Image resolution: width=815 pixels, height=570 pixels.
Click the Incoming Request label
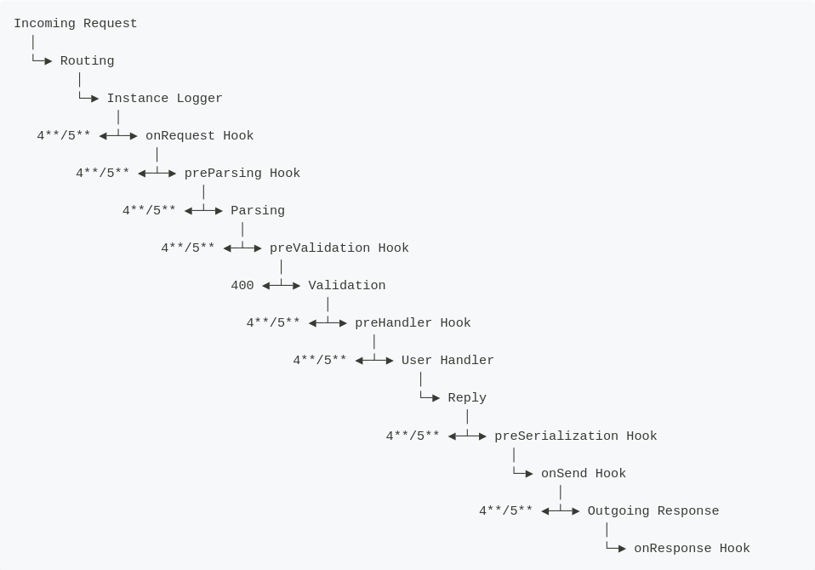pos(75,24)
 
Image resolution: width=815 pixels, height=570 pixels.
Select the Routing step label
pos(87,61)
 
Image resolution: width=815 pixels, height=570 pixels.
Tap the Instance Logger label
pos(164,99)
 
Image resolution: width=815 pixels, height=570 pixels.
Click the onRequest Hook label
pos(199,136)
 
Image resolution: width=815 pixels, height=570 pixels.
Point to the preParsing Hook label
pos(242,174)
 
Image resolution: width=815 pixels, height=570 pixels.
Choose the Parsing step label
pos(258,211)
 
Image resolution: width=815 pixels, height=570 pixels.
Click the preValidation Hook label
pos(339,248)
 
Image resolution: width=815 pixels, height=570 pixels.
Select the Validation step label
pos(347,286)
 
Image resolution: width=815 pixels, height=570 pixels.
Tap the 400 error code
pos(242,286)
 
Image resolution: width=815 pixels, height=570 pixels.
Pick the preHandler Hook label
pos(413,323)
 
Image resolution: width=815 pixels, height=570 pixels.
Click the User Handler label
pos(447,361)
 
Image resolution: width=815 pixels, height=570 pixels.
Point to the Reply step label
pos(467,398)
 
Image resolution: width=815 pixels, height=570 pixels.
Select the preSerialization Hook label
pos(576,436)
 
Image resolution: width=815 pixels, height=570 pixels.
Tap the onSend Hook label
pos(584,474)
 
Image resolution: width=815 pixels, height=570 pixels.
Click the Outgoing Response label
pos(653,511)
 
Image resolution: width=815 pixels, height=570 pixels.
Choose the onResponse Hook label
pos(692,549)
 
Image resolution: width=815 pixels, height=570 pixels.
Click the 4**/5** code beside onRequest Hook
pos(64,136)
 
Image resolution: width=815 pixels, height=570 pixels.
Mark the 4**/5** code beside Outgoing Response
pos(506,511)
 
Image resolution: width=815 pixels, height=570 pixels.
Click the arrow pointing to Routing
pos(43,61)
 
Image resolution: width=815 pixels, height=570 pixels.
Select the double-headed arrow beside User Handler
pos(374,361)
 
